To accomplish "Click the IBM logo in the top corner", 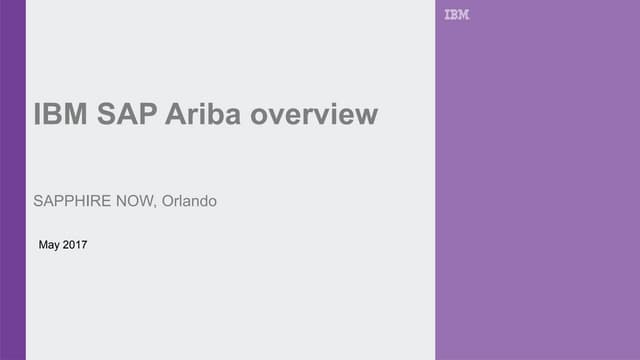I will (456, 15).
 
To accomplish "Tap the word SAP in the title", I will (126, 115).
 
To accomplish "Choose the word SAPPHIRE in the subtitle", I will (74, 202).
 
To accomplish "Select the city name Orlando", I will (189, 202).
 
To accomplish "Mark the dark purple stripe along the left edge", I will (12, 180).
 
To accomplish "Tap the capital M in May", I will (42, 244).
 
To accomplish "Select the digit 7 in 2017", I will (84, 244).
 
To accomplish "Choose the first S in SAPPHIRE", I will (38, 202).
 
